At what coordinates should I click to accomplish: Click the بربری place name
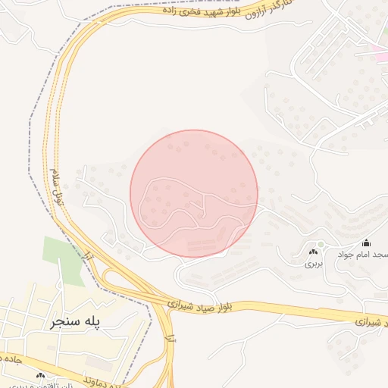314,264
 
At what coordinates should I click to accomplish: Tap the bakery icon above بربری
313,252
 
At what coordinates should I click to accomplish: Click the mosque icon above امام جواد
367,243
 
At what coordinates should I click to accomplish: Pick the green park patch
62,258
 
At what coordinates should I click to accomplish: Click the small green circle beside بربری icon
321,244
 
